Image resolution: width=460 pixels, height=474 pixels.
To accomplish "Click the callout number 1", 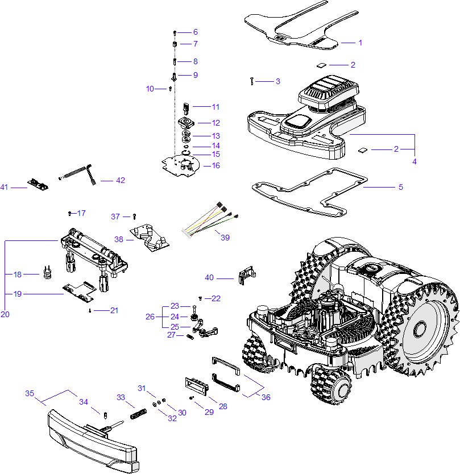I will pyautogui.click(x=360, y=43).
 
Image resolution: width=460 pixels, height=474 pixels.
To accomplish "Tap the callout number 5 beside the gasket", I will pyautogui.click(x=400, y=187).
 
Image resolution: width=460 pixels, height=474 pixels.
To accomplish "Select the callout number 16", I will pyautogui.click(x=215, y=166).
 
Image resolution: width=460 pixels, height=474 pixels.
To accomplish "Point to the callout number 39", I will pyautogui.click(x=225, y=238).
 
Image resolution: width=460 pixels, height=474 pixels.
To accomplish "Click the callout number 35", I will pyautogui.click(x=30, y=393).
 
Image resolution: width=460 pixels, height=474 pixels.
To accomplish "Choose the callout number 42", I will pyautogui.click(x=120, y=181).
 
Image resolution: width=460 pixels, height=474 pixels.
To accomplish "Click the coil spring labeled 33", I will pyautogui.click(x=137, y=414).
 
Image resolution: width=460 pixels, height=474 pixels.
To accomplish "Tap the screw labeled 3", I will pyautogui.click(x=251, y=81).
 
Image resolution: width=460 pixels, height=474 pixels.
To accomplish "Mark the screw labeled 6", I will pyautogui.click(x=175, y=32).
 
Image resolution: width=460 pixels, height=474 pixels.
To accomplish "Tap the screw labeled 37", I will pyautogui.click(x=134, y=217).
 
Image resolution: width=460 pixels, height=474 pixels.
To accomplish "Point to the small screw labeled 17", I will pyautogui.click(x=69, y=214).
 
